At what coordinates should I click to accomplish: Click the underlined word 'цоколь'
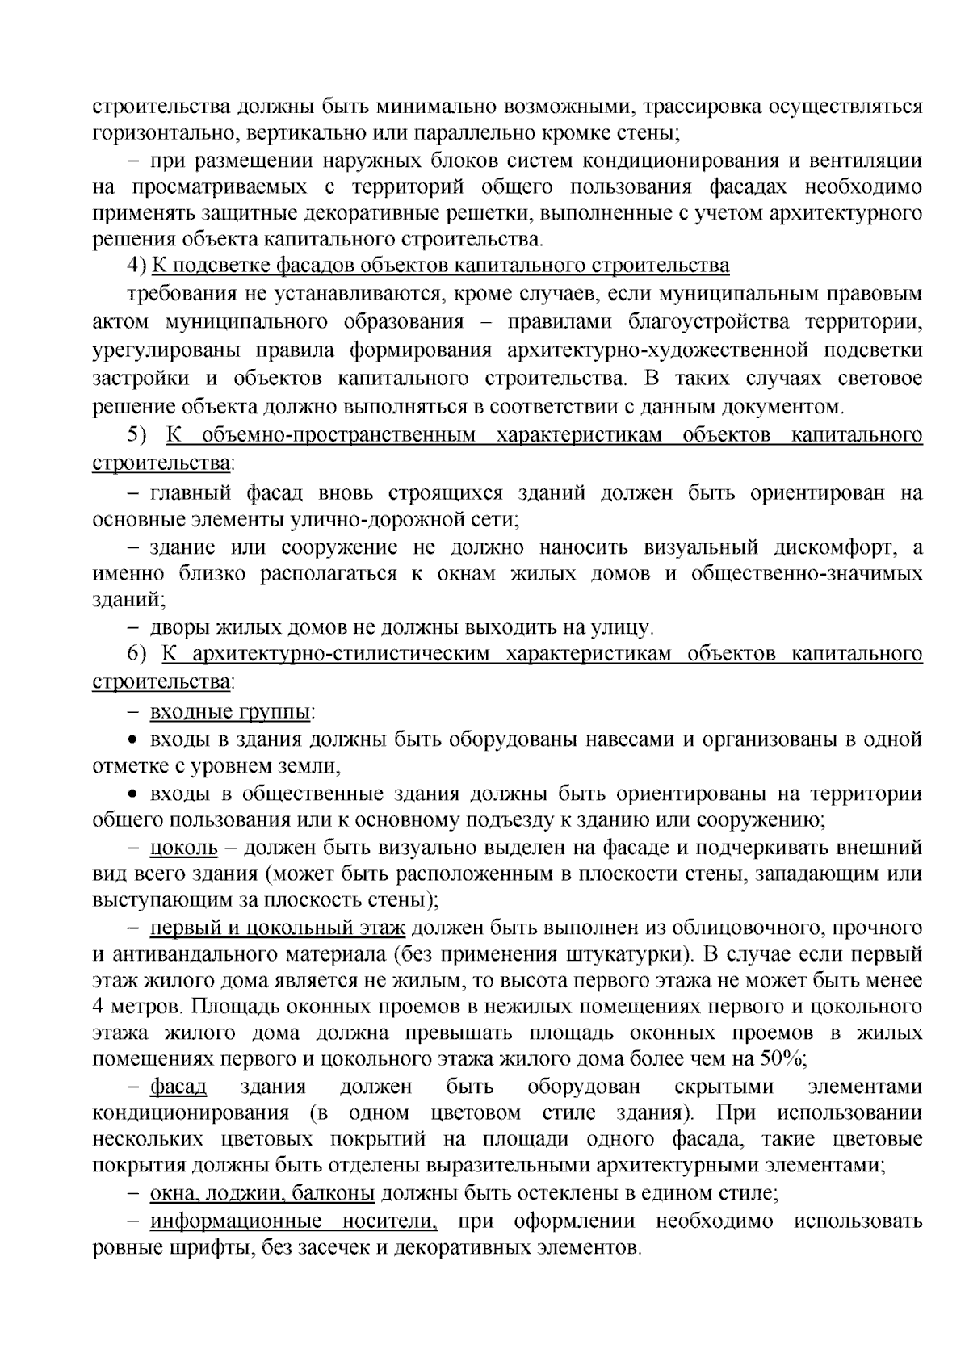[184, 848]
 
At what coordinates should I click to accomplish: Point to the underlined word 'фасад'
[178, 1087]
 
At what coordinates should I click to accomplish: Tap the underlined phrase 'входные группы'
[232, 712]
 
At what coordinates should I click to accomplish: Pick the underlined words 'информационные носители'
[293, 1221]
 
